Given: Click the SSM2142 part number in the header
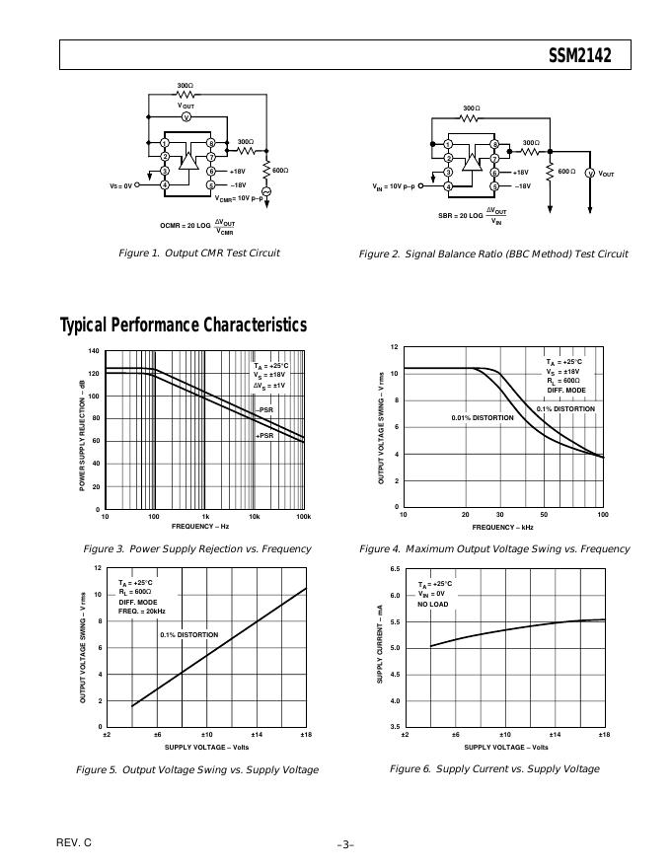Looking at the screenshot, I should pos(580,56).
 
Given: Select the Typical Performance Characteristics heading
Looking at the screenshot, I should pos(184,325).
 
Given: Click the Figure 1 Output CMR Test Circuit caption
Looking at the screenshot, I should pos(198,253).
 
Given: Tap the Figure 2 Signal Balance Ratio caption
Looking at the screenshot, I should pos(493,254).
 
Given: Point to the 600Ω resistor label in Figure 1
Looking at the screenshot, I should pos(280,171).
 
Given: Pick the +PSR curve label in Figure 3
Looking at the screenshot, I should pos(264,435).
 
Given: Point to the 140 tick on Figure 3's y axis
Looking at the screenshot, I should pos(94,351).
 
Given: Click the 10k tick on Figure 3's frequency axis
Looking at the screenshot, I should pos(255,517).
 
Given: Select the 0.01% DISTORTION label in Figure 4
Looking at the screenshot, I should pos(483,418).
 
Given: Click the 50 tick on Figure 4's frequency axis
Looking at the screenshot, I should pos(544,516).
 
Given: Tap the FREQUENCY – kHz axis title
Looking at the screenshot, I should pos(500,527).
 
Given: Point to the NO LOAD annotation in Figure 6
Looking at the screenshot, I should pos(432,605).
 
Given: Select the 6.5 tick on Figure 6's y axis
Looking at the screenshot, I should pos(394,569).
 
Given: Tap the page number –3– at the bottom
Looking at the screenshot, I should pos(345,844).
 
